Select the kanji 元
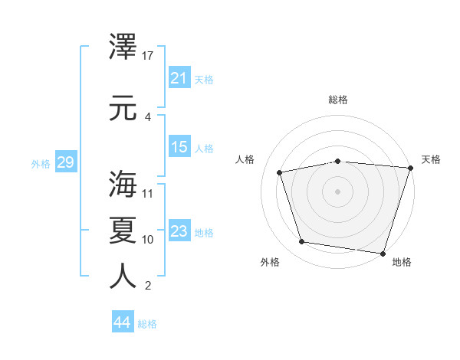tap(123, 107)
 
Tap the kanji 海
tap(123, 184)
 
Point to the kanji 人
tap(123, 276)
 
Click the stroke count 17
tap(148, 55)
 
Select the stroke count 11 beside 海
tap(148, 193)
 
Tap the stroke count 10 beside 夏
tap(148, 239)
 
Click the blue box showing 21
tap(179, 77)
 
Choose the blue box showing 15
tap(179, 147)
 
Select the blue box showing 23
tap(179, 231)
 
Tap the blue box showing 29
tap(65, 162)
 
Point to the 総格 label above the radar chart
tap(338, 100)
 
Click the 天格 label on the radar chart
tap(431, 159)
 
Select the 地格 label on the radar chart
tap(402, 262)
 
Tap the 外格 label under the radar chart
tap(270, 262)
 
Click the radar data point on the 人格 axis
tap(280, 172)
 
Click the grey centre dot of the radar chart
tap(338, 191)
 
